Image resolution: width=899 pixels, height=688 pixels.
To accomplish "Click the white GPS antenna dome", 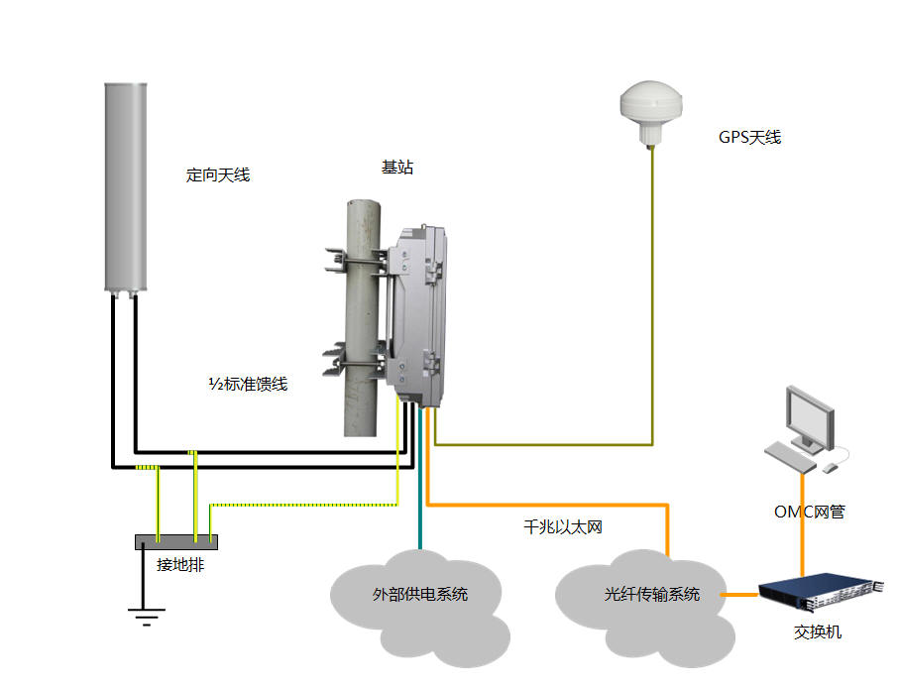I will coord(651,105).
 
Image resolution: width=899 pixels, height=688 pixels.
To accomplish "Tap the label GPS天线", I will coord(749,138).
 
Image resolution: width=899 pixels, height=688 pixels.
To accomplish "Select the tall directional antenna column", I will coord(125,188).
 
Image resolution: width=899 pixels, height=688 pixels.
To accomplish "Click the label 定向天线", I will coord(218,175).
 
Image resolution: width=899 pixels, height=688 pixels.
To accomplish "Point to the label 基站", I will coord(397,168).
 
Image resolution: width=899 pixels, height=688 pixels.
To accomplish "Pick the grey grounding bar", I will coord(175,541).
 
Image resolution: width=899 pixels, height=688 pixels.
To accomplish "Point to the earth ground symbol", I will coord(145,618).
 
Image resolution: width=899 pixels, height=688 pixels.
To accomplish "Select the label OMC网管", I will coord(809,513).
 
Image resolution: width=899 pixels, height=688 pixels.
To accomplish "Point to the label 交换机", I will coord(818,631).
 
